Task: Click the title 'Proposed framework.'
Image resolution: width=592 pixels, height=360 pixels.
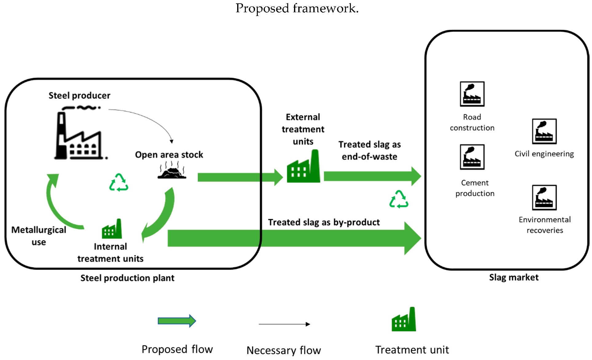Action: [297, 8]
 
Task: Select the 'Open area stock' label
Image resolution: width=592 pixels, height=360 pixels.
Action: [169, 155]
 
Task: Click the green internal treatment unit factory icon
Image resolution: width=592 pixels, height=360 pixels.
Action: [112, 229]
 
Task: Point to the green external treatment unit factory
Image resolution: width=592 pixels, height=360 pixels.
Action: [303, 168]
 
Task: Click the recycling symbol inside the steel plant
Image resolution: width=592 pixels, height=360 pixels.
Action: [119, 183]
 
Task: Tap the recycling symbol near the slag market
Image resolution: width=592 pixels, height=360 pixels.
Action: [399, 199]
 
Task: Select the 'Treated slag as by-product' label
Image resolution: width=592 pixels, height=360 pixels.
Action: [324, 222]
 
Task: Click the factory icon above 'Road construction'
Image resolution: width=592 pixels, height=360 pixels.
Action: [472, 94]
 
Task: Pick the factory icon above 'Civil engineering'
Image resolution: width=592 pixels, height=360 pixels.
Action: [544, 131]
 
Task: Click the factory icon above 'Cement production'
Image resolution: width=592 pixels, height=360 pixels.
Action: [472, 157]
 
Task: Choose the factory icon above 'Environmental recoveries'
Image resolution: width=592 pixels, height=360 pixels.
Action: [544, 198]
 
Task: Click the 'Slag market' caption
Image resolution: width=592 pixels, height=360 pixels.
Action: [514, 277]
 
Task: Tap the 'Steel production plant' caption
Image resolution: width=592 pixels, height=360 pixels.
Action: [127, 278]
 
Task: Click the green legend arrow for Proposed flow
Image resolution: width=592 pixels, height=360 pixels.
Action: [177, 321]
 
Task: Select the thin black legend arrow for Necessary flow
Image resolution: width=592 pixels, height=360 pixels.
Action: [284, 324]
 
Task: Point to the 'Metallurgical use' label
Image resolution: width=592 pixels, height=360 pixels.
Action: [39, 236]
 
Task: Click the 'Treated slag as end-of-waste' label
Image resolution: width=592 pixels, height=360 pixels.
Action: [369, 151]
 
